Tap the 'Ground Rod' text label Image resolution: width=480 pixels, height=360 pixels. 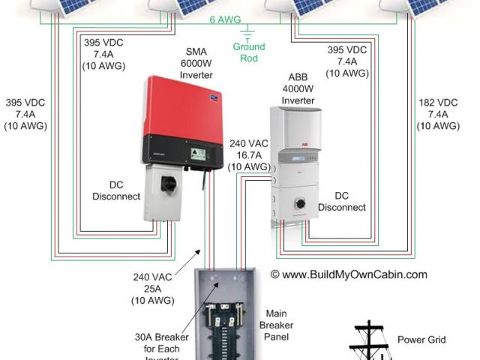248,52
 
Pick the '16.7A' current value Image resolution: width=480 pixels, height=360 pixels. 248,154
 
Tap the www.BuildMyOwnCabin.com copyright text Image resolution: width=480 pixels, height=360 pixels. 349,274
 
